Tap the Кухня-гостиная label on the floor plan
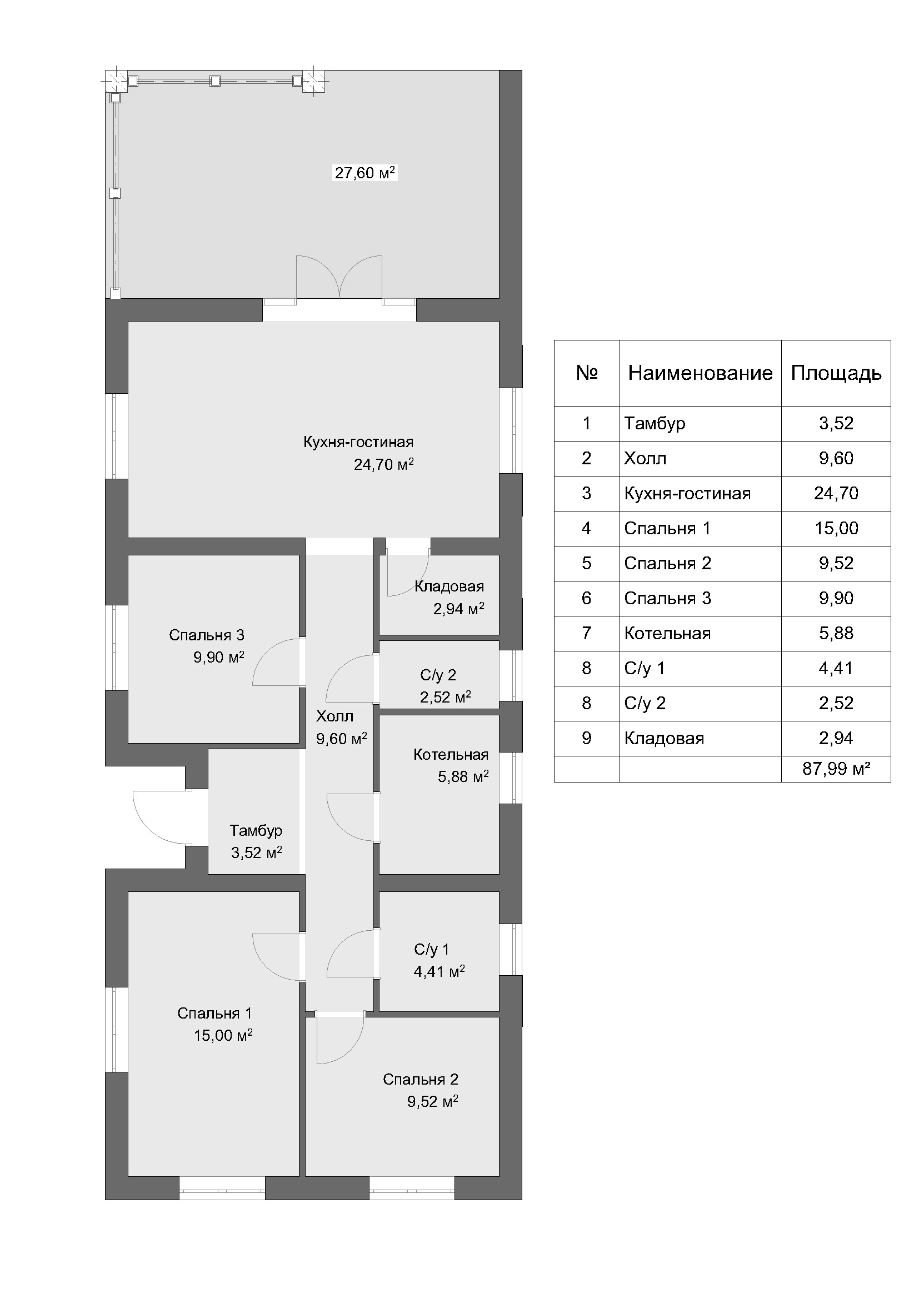(358, 442)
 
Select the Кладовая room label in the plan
(449, 586)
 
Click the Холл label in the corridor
(334, 716)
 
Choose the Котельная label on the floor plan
(451, 754)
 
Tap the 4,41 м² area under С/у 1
(439, 972)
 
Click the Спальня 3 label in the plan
(207, 635)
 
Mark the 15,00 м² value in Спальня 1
(223, 1035)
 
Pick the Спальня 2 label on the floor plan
(421, 1080)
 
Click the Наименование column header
(700, 373)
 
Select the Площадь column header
(836, 373)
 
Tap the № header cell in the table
(587, 373)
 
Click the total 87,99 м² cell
(836, 768)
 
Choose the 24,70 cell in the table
(836, 493)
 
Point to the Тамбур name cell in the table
(655, 423)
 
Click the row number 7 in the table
(587, 633)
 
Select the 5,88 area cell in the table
(836, 633)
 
